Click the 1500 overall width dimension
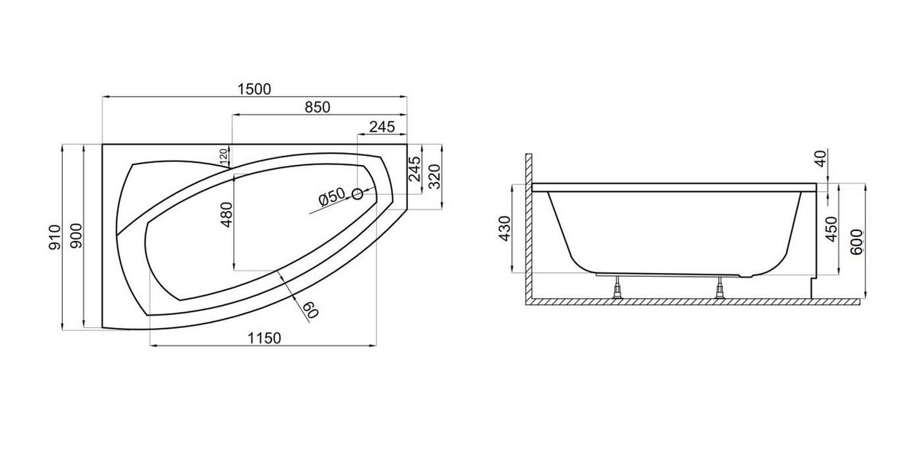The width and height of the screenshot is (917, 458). (x=254, y=89)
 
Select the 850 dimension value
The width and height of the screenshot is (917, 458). (x=317, y=107)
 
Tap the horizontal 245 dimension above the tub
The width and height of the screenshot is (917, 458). (x=382, y=127)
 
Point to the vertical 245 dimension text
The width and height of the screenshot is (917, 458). (x=415, y=169)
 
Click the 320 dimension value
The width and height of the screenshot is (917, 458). (x=434, y=177)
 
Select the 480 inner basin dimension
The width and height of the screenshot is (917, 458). (x=226, y=215)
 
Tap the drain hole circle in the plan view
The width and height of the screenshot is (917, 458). (x=358, y=194)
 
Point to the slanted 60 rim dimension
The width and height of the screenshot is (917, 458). (x=310, y=310)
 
